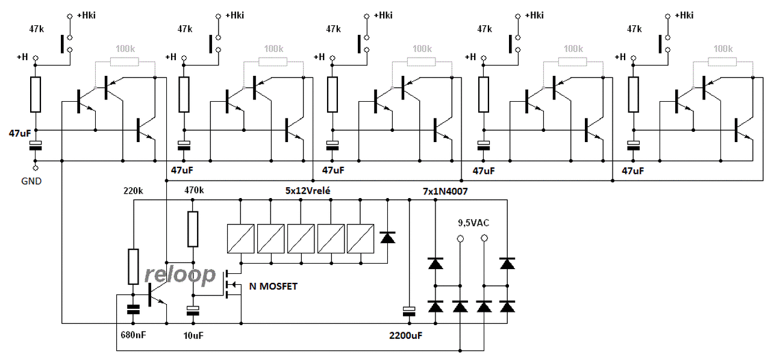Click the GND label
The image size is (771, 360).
click(x=31, y=181)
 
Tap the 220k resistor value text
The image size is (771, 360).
click(x=133, y=191)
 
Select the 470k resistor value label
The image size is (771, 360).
click(x=194, y=190)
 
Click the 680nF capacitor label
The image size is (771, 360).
click(x=133, y=335)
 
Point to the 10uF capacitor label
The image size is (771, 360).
click(x=193, y=335)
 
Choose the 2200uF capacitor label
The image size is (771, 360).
click(x=406, y=335)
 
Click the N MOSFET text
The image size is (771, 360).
click(x=273, y=287)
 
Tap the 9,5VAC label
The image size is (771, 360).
click(x=473, y=223)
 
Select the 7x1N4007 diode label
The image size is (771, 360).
click(x=445, y=191)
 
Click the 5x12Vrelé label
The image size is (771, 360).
click(x=308, y=191)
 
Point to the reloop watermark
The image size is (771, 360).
click(x=180, y=275)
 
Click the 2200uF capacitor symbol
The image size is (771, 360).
click(x=409, y=311)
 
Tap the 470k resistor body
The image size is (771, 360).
click(x=193, y=229)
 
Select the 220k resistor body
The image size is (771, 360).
click(x=134, y=267)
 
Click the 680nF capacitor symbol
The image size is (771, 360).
click(x=133, y=309)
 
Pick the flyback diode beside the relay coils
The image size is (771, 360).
click(x=387, y=238)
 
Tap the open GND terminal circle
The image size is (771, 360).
click(x=35, y=169)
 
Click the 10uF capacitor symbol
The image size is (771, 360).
click(x=193, y=311)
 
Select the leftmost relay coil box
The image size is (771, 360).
click(x=240, y=239)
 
